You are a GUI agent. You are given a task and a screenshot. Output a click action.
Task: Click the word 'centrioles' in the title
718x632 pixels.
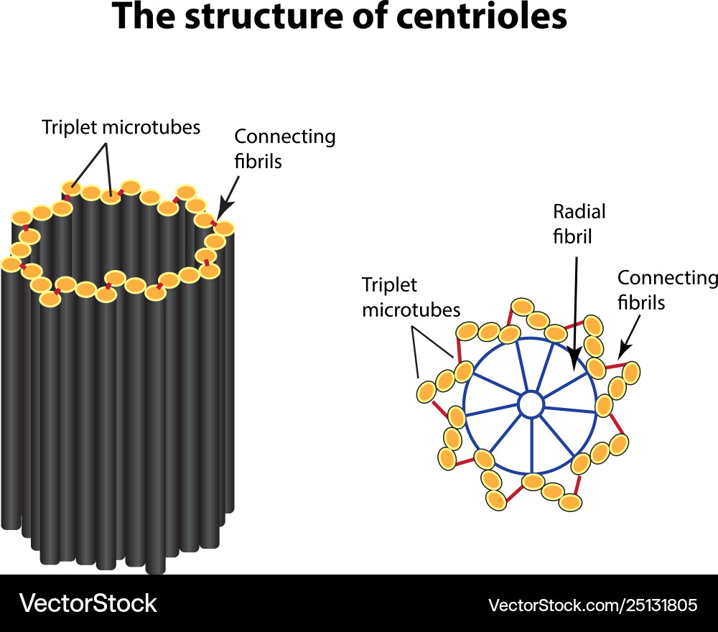(x=478, y=17)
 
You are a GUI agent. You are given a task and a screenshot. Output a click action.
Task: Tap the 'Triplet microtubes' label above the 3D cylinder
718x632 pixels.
(x=121, y=128)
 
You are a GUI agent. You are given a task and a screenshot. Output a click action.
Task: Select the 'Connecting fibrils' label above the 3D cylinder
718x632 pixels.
(x=285, y=149)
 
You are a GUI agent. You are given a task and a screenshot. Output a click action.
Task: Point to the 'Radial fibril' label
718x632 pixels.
(x=579, y=223)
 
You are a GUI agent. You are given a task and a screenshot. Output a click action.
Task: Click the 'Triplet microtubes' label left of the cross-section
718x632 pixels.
(x=411, y=297)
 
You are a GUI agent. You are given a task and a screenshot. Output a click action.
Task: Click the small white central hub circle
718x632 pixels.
(x=531, y=404)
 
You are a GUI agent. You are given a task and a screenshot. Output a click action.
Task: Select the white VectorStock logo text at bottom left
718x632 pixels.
(x=88, y=603)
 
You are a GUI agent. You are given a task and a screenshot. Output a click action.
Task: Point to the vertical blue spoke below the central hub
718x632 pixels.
(x=532, y=445)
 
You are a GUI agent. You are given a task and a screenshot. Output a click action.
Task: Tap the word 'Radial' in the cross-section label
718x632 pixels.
(x=579, y=212)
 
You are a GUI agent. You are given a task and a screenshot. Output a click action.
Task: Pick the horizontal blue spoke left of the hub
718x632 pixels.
(x=492, y=412)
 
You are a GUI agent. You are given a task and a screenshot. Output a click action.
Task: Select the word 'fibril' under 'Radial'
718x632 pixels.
(x=572, y=236)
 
